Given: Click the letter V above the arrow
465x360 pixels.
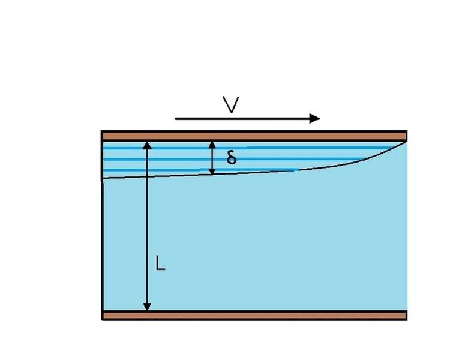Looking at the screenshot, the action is pos(230,104).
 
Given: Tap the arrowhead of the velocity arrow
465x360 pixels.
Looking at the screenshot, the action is pos(314,118).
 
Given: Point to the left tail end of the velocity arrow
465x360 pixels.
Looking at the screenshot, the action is pos(176,119).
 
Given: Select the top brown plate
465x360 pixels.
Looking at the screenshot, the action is pos(254,136).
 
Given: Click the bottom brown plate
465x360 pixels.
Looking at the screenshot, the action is pos(254,315).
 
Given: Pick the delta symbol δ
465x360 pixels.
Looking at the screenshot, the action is pos(232,157).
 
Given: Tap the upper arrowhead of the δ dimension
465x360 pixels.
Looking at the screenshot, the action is pos(212,145).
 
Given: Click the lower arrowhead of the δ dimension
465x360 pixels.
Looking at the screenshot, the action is pos(212,171).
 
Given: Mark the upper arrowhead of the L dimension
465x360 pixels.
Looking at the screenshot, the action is pos(147,146).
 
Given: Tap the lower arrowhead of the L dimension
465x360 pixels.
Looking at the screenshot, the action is pos(147,307).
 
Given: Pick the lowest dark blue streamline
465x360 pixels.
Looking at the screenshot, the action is pos(201,170).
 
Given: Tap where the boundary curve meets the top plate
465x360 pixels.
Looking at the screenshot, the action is pos(406,142).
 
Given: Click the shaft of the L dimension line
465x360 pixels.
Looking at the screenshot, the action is pos(147,226).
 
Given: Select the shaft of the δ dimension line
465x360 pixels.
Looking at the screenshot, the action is pos(212,158).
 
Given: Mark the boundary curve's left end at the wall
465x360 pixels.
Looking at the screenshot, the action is pos(103,179).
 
